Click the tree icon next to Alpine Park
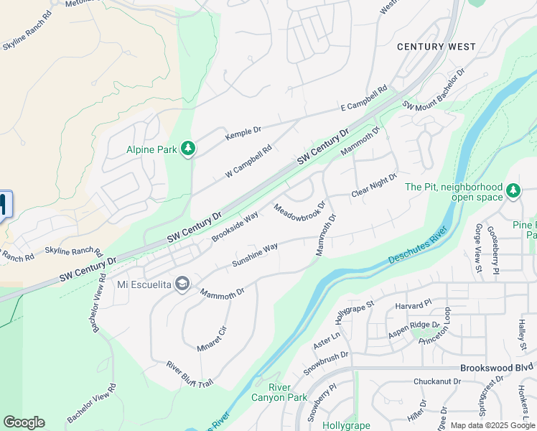[x=188, y=149]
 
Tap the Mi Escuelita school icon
[x=182, y=284]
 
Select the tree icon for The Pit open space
[x=513, y=191]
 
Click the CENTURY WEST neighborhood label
[x=436, y=47]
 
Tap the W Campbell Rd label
[x=249, y=161]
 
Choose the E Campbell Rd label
[x=363, y=99]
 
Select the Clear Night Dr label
[x=374, y=185]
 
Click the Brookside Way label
[x=235, y=227]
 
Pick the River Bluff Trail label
[x=190, y=374]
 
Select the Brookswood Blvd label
[x=498, y=366]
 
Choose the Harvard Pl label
[x=412, y=305]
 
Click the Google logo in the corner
[x=24, y=422]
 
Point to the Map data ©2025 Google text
[x=492, y=425]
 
